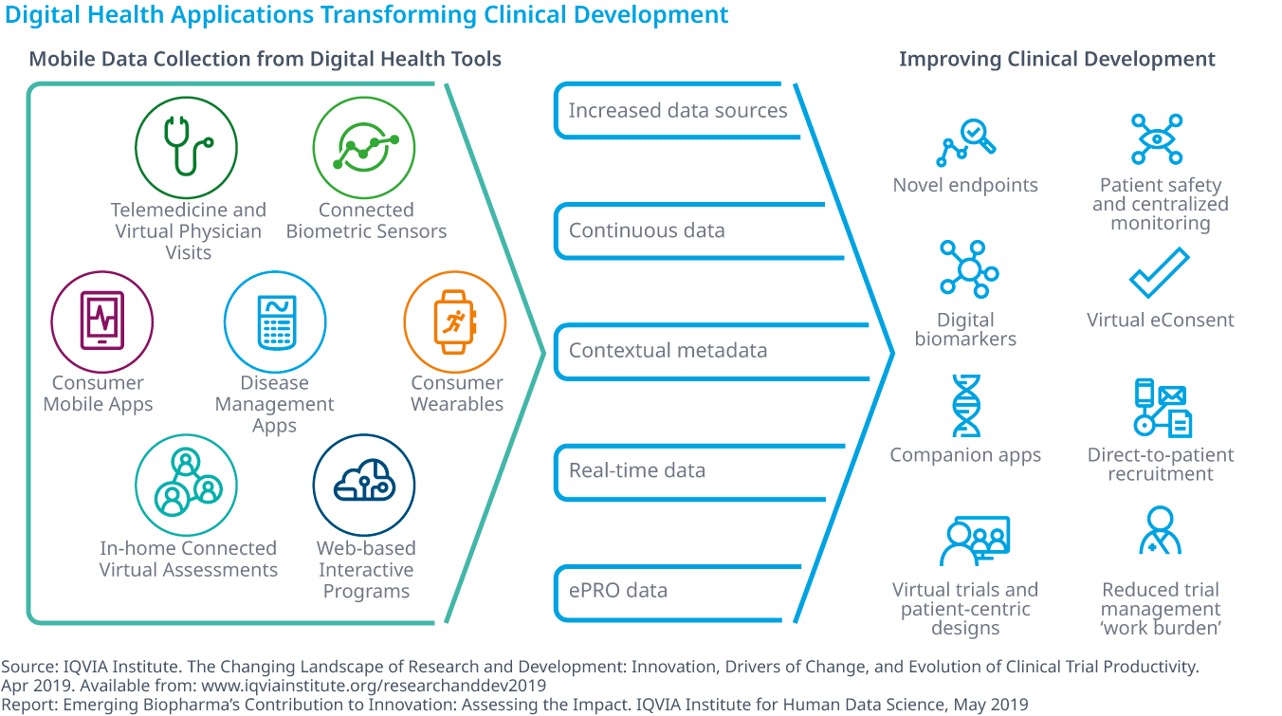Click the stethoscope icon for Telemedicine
tap(186, 147)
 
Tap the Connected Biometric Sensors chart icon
tap(364, 147)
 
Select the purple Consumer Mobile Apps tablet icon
tap(101, 321)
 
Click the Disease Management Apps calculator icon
tap(275, 321)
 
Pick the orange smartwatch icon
tap(455, 321)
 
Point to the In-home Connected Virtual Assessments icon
tap(186, 485)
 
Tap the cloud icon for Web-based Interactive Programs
tap(364, 485)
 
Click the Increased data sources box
tap(677, 110)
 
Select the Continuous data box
tap(698, 230)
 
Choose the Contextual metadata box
tap(711, 351)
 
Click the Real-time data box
tap(699, 471)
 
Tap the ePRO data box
tap(677, 592)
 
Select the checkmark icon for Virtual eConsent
tap(1160, 272)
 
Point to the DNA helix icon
tap(966, 406)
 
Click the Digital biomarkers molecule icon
tap(968, 269)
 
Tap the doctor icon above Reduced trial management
tap(1160, 530)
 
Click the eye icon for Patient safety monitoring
tap(1157, 139)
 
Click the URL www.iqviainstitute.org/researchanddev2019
tap(374, 686)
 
